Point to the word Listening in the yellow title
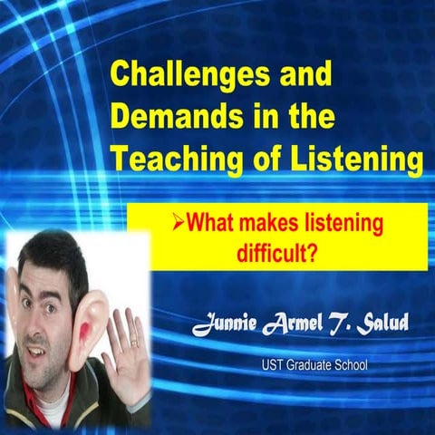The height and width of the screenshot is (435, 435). pos(354,160)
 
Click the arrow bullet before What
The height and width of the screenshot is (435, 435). pos(178,220)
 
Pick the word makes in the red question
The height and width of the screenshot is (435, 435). pos(273,221)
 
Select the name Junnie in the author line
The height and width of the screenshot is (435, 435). pos(226,325)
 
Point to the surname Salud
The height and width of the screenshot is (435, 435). pos(384,325)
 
